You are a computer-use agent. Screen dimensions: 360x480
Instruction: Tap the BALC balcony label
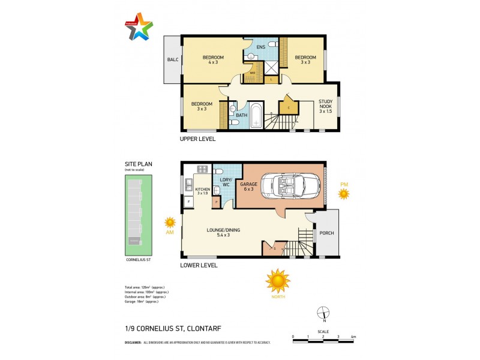(173, 60)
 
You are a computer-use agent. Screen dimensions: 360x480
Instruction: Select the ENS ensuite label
(261, 46)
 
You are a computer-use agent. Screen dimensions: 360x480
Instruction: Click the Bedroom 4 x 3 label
(212, 60)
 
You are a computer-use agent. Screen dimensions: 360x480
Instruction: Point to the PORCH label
(326, 233)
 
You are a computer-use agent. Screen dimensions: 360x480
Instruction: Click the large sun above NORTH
(277, 280)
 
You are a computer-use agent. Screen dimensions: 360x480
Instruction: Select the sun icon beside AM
(169, 221)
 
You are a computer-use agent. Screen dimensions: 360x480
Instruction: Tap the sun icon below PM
(344, 194)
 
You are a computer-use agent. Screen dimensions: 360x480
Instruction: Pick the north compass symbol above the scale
(323, 313)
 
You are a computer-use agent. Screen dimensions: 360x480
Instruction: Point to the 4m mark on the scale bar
(353, 337)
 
